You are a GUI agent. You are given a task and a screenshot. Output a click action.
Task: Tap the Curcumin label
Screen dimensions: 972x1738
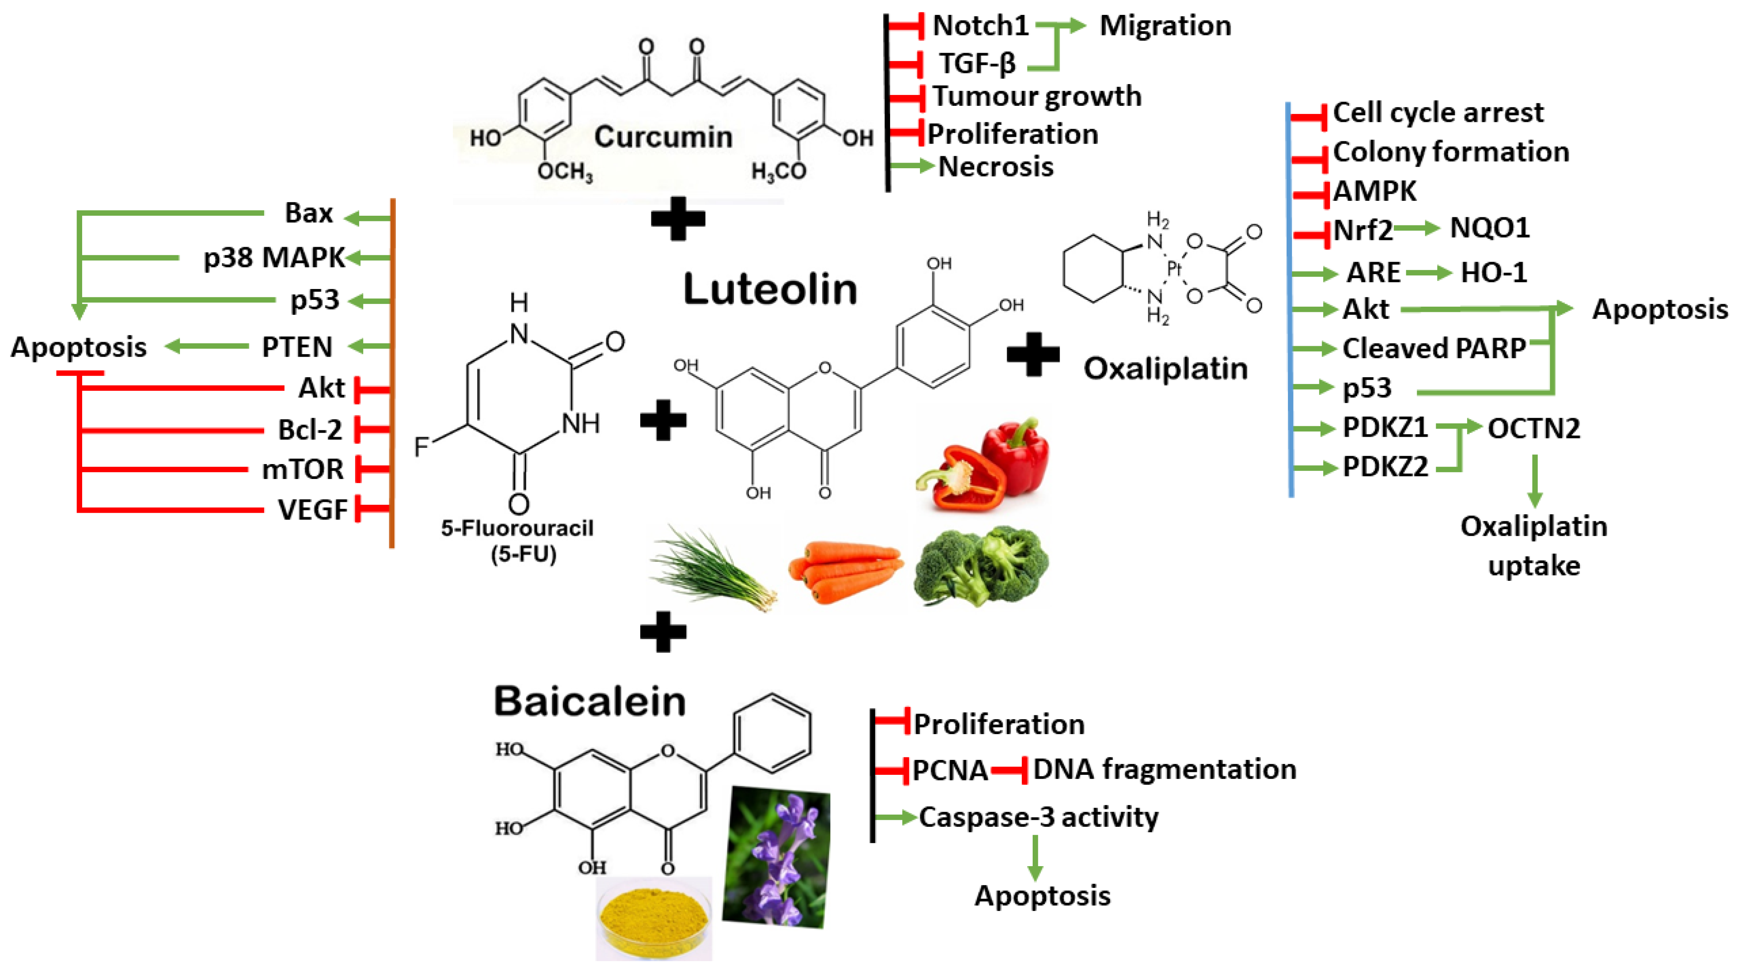[x=663, y=137]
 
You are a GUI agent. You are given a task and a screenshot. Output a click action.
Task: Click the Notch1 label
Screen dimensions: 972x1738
[x=980, y=26]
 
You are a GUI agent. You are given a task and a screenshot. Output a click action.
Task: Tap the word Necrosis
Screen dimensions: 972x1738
[x=996, y=167]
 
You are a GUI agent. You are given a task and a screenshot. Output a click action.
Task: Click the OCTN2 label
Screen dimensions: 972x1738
[x=1533, y=428]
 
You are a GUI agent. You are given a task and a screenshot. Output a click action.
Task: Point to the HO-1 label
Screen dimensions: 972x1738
[x=1493, y=272]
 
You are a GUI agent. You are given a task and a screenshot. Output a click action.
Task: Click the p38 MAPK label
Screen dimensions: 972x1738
[x=274, y=258]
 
